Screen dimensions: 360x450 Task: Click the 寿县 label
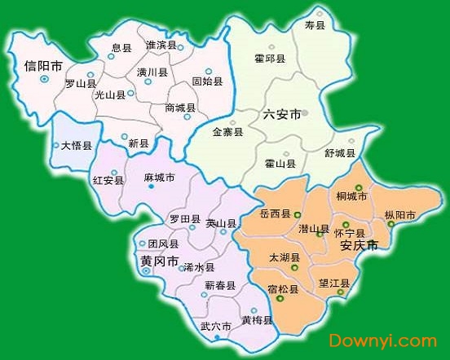315,26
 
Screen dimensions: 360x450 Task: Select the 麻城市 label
159,178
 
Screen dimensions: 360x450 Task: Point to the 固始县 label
208,81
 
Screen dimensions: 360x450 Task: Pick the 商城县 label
179,108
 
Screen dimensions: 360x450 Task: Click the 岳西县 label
275,213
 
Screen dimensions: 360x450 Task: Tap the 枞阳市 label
400,215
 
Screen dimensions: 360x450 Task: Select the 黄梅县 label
257,320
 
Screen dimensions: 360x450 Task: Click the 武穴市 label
216,327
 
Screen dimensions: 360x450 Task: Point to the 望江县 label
334,283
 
